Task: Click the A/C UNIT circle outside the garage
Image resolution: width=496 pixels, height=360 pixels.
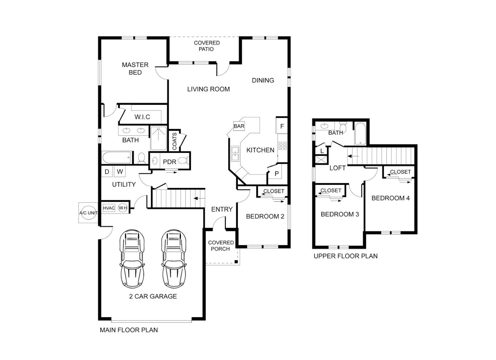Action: tap(88, 213)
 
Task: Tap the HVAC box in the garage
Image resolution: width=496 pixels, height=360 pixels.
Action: tap(109, 208)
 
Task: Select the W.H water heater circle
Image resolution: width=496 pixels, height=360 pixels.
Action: tap(123, 208)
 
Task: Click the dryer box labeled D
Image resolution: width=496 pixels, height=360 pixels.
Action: tap(107, 172)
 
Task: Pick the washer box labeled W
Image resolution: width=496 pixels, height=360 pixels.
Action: tap(120, 172)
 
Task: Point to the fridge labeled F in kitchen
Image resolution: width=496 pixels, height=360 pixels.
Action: tap(282, 126)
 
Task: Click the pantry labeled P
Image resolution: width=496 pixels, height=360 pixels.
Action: tap(277, 174)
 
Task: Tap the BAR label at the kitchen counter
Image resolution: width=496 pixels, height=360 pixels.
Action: tap(239, 126)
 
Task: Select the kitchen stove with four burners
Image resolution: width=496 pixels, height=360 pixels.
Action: tap(282, 146)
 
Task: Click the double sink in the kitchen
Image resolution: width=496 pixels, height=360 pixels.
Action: tap(235, 153)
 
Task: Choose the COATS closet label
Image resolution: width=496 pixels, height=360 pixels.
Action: tap(175, 141)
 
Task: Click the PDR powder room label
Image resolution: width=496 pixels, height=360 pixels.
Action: tap(169, 162)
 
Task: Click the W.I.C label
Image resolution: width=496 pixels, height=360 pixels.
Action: tap(142, 117)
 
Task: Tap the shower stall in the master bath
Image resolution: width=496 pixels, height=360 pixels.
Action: tap(158, 138)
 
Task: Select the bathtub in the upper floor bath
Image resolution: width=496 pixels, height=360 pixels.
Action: tap(360, 133)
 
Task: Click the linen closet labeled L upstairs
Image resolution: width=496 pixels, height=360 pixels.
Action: tap(322, 151)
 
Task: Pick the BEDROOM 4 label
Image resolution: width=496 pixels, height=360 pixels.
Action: tap(390, 198)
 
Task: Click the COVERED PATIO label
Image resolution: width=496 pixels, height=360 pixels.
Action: tap(207, 46)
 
